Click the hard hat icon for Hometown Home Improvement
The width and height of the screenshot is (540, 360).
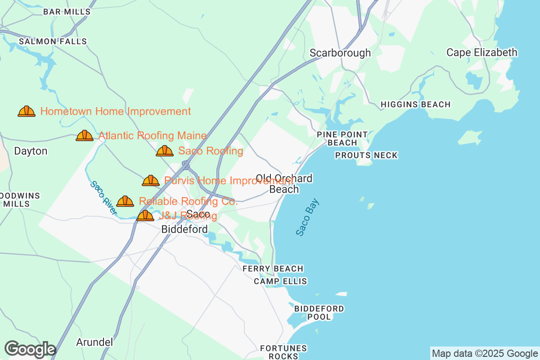pyautogui.click(x=27, y=111)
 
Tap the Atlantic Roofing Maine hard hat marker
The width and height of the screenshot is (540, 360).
pyautogui.click(x=85, y=135)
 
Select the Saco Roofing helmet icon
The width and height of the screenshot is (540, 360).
pyautogui.click(x=165, y=151)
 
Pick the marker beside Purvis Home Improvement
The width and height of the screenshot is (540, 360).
pyautogui.click(x=151, y=180)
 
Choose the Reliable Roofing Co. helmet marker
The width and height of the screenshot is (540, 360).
pyautogui.click(x=125, y=201)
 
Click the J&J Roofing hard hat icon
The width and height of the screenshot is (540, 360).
pyautogui.click(x=145, y=216)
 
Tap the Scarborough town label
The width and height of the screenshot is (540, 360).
pyautogui.click(x=340, y=53)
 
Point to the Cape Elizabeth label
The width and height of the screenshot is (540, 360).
pyautogui.click(x=481, y=53)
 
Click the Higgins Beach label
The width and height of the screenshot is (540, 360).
pyautogui.click(x=415, y=104)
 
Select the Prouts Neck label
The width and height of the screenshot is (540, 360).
pyautogui.click(x=366, y=155)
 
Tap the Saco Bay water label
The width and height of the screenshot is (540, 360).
pyautogui.click(x=307, y=217)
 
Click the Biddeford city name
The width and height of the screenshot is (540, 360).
pyautogui.click(x=184, y=229)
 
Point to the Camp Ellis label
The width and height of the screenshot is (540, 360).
pyautogui.click(x=280, y=281)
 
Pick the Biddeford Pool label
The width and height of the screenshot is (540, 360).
pyautogui.click(x=319, y=312)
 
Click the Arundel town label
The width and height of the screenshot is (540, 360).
pyautogui.click(x=94, y=342)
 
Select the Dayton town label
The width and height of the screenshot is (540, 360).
pyautogui.click(x=31, y=151)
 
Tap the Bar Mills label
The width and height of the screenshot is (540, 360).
pyautogui.click(x=67, y=12)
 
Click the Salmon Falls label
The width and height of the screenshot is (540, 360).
pyautogui.click(x=53, y=41)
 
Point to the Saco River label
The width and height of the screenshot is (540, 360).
pyautogui.click(x=103, y=198)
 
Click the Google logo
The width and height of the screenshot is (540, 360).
pyautogui.click(x=30, y=349)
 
